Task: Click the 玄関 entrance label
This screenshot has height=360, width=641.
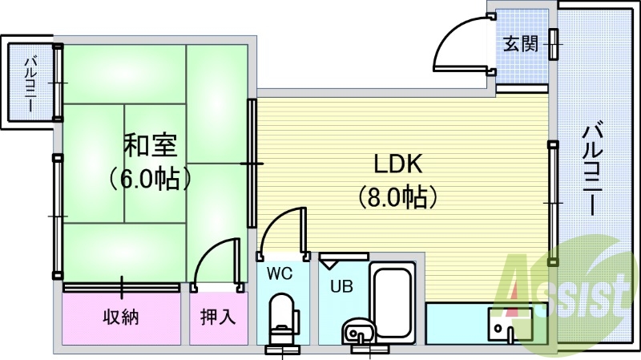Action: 520,44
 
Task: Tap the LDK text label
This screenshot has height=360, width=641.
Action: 397,164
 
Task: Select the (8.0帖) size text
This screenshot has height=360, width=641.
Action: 398,197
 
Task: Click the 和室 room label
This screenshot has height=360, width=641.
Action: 151,146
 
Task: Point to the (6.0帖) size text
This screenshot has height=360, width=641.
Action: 150,178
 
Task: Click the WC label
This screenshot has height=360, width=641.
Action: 280,273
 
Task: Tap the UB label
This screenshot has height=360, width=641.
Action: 341,287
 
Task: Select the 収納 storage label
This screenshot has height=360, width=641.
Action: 121,317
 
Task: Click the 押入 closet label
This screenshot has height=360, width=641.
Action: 218,317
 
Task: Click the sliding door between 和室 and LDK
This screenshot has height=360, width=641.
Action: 252,164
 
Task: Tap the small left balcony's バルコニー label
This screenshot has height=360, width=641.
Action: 30,84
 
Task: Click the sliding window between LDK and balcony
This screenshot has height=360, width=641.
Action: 553,204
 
